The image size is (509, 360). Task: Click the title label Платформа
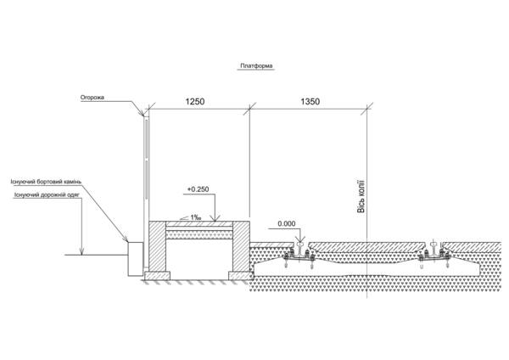[256, 65]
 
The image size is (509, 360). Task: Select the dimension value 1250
[195, 102]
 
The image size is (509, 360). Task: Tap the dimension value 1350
[310, 102]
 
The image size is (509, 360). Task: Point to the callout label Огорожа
[92, 97]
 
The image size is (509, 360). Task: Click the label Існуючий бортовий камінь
[46, 182]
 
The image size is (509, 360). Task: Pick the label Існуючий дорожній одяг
[47, 194]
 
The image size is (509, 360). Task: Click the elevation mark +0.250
[198, 189]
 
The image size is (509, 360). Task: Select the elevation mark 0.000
[287, 223]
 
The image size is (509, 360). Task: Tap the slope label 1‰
[195, 217]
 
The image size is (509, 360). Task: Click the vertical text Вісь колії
[361, 197]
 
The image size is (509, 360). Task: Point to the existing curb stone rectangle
[136, 259]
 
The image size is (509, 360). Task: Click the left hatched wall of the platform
[157, 246]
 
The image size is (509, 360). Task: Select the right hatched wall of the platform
[241, 246]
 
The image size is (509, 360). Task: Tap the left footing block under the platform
[157, 276]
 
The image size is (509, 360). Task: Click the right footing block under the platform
[241, 276]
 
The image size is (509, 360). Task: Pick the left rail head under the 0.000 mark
[299, 244]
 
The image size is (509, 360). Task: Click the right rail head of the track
[433, 244]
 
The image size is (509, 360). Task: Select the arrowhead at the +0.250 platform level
[215, 217]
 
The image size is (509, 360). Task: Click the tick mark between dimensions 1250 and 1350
[249, 109]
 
